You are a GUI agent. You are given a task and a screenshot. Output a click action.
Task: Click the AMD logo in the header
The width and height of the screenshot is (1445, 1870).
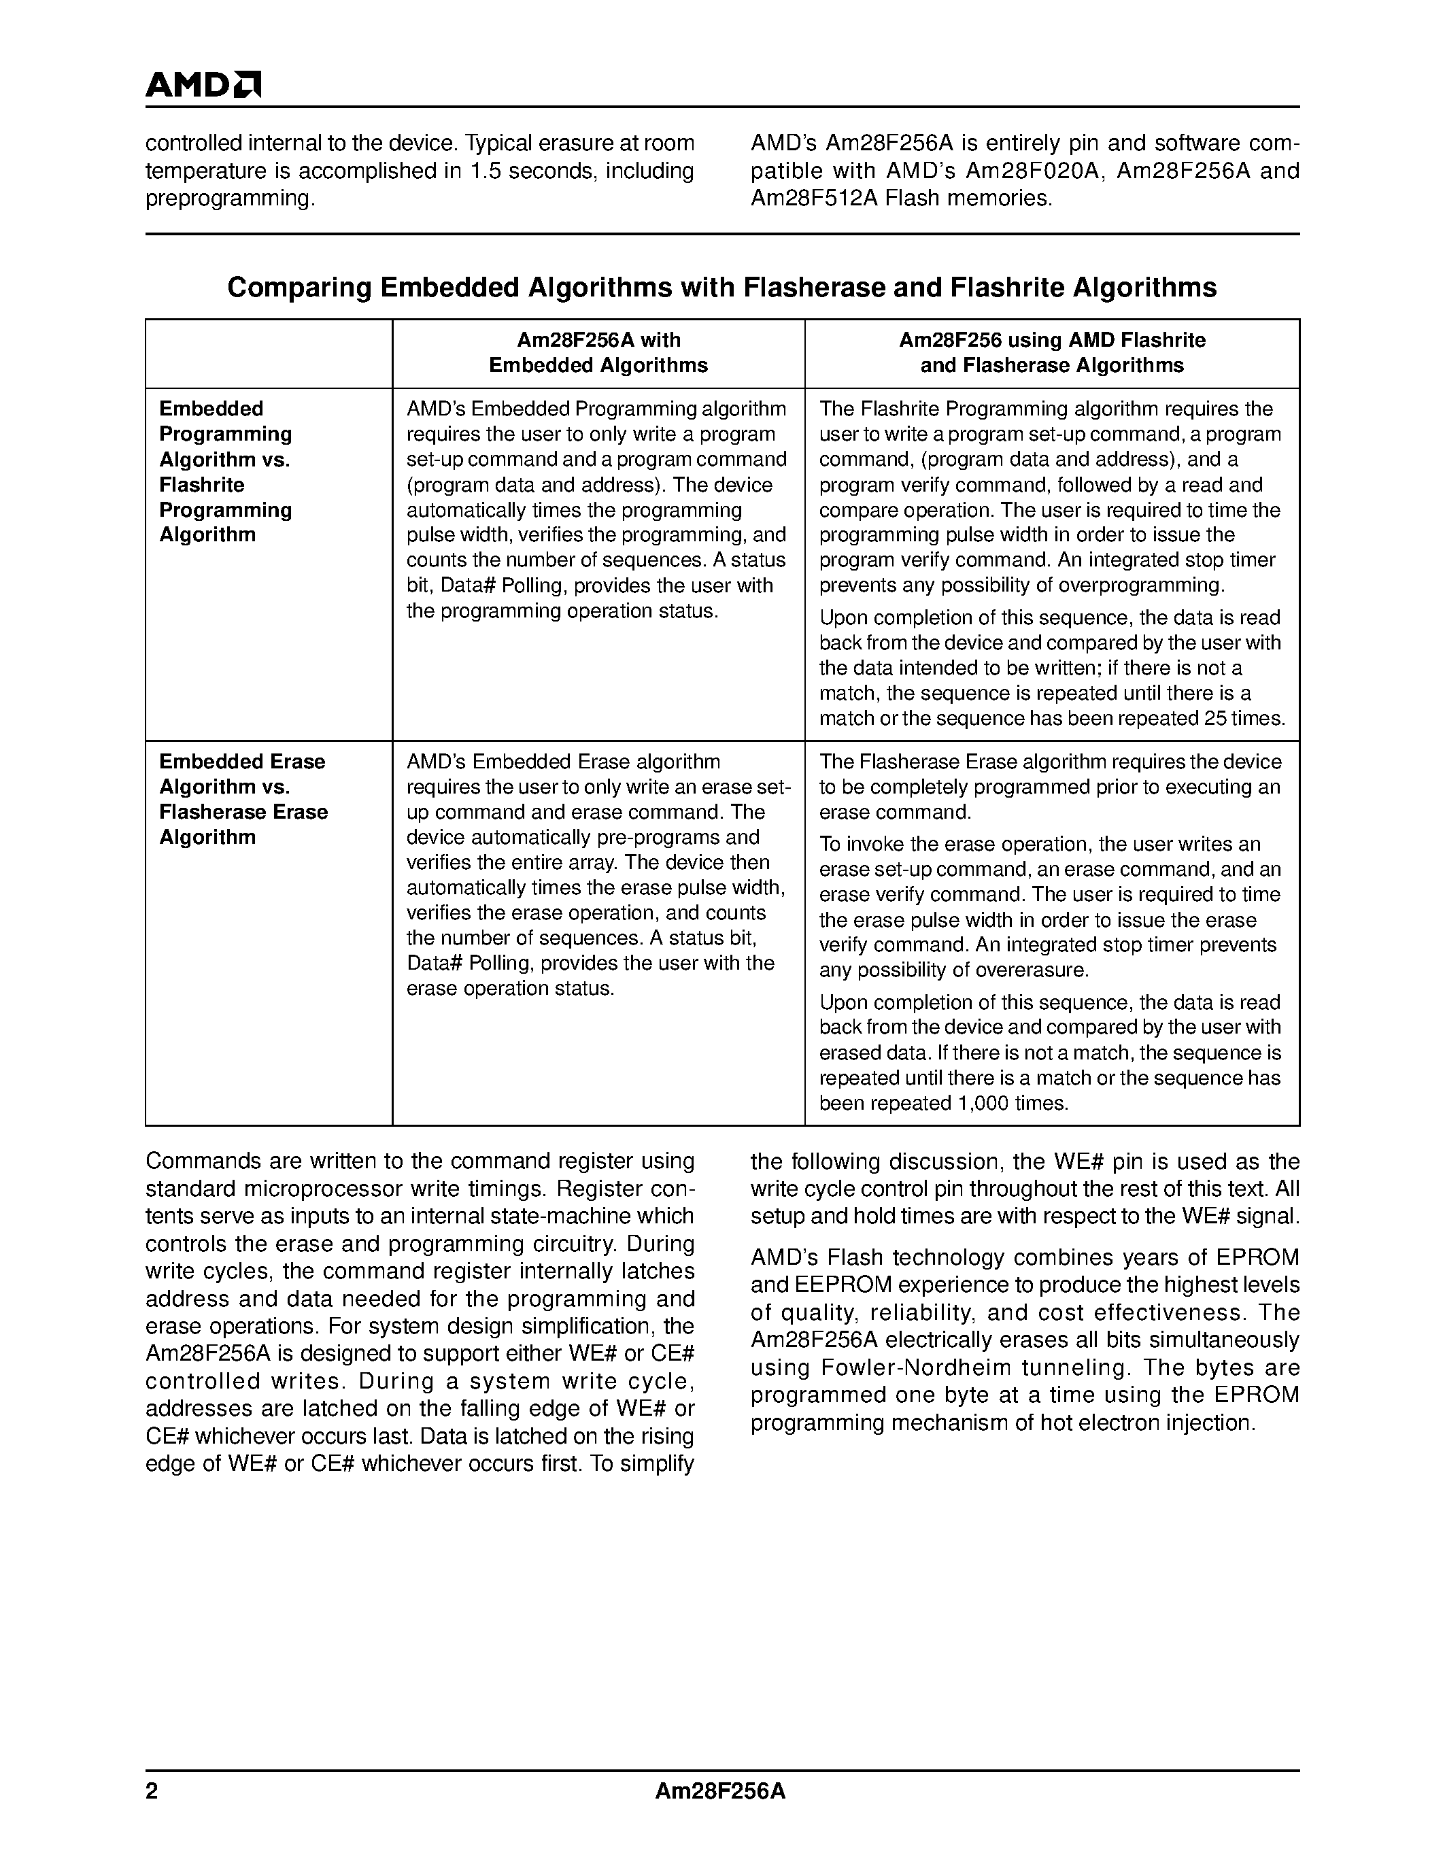pyautogui.click(x=203, y=85)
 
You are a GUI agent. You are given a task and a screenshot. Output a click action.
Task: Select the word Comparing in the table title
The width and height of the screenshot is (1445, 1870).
pyautogui.click(x=299, y=288)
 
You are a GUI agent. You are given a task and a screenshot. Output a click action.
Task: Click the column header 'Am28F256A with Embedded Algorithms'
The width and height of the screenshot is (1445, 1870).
pyautogui.click(x=598, y=353)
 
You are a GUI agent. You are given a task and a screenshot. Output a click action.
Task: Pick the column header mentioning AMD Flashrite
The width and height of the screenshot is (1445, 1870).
pyautogui.click(x=1052, y=353)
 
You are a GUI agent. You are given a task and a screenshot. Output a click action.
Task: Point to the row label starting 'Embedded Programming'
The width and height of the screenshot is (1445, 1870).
pyautogui.click(x=226, y=472)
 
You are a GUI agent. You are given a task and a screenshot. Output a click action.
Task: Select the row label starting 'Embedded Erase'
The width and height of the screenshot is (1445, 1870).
pyautogui.click(x=243, y=799)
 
